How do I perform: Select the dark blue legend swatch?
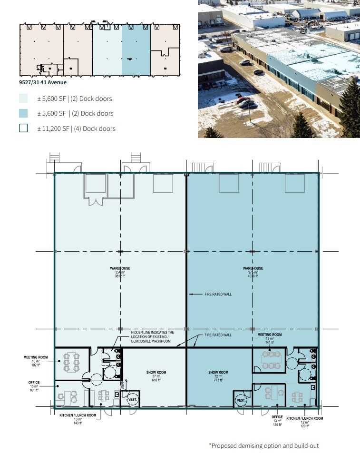(x=23, y=113)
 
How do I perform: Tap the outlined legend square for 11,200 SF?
(x=23, y=128)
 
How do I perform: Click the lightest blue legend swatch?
(x=23, y=99)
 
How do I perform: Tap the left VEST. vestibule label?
(x=132, y=400)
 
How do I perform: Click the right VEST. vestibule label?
(x=241, y=401)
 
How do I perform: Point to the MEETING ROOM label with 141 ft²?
(x=270, y=338)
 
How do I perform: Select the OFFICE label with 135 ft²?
(x=277, y=420)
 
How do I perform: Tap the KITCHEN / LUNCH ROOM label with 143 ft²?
(x=78, y=419)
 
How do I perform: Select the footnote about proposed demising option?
(x=263, y=446)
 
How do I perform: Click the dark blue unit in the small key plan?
(x=136, y=50)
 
